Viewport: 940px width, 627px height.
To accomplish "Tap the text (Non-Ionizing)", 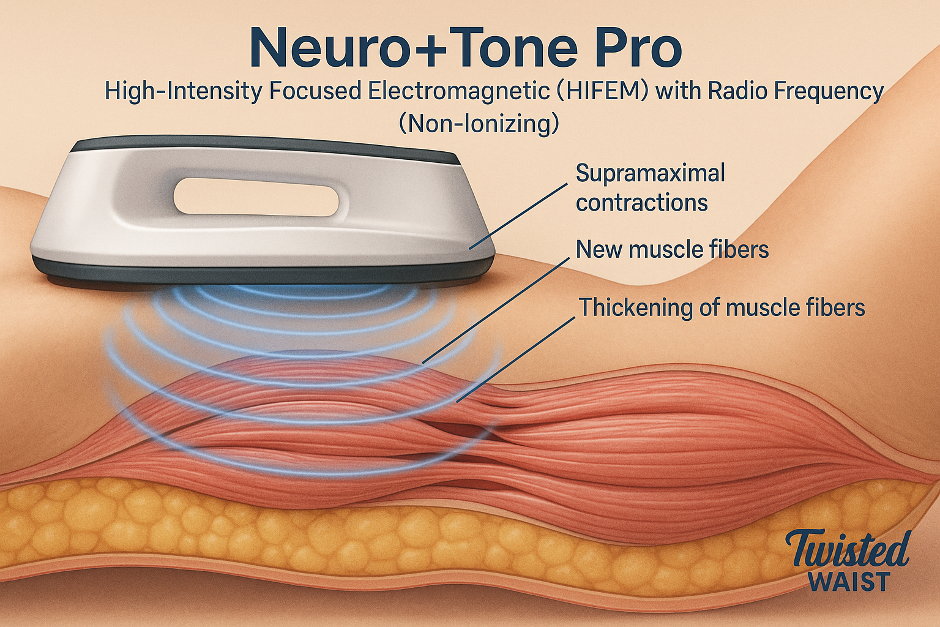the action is [x=479, y=124].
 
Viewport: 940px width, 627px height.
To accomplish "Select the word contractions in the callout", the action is [x=642, y=203].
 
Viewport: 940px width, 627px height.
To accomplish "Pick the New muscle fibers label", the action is [x=673, y=249].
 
